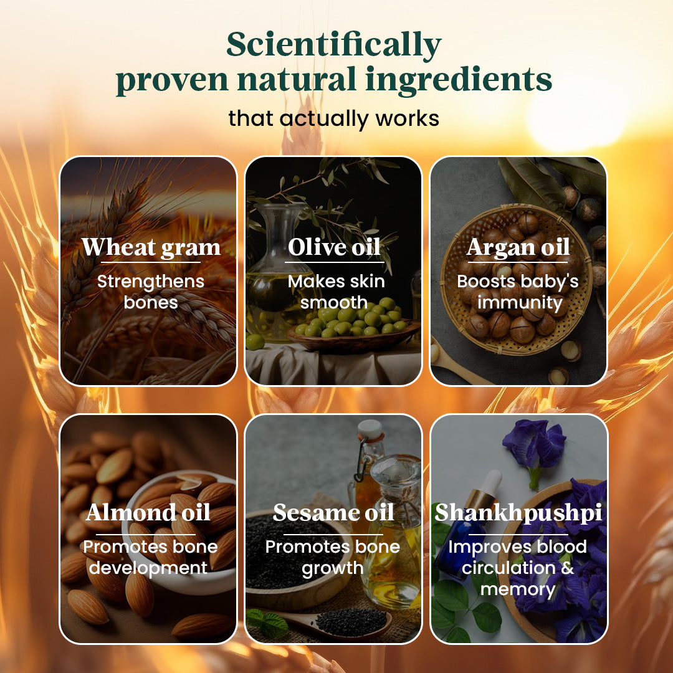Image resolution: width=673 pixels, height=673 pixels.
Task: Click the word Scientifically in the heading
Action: (x=333, y=45)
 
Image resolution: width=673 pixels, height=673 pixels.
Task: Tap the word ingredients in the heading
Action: (x=459, y=80)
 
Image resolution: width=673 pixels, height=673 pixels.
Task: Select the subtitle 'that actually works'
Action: (x=333, y=118)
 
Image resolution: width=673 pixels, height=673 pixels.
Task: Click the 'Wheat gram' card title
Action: (x=151, y=247)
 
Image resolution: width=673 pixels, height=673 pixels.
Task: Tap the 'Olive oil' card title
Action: (x=334, y=247)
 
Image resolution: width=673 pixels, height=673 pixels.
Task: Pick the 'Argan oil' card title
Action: (x=518, y=247)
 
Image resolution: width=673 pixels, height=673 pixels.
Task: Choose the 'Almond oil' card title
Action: (x=148, y=512)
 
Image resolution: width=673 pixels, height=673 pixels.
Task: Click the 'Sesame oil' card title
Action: (x=333, y=512)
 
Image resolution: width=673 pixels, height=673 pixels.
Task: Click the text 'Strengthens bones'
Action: (x=151, y=292)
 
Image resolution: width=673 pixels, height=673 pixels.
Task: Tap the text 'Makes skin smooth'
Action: (x=336, y=292)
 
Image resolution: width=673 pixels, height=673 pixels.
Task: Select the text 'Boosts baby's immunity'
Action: (x=518, y=292)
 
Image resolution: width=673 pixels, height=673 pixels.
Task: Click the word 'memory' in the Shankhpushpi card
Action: (x=518, y=589)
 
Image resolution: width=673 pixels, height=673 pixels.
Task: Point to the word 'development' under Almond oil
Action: (x=148, y=568)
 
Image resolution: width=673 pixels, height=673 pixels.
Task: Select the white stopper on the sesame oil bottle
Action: (x=370, y=430)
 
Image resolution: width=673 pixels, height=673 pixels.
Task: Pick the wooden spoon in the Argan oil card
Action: (x=455, y=363)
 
